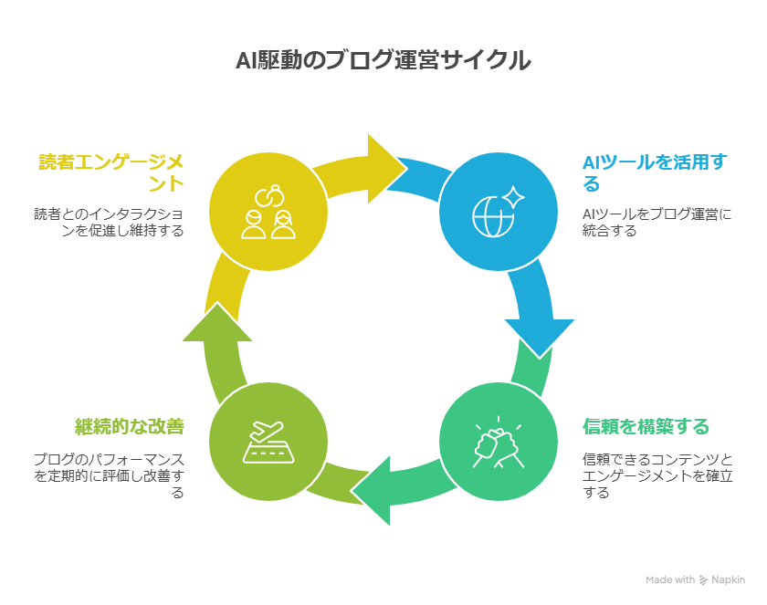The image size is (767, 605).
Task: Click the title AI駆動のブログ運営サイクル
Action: (x=383, y=60)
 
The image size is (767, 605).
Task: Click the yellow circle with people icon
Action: (x=268, y=212)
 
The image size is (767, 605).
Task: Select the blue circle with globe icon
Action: (x=498, y=212)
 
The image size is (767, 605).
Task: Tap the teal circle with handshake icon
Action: (x=498, y=442)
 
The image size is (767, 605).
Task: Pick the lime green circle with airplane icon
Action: (x=268, y=442)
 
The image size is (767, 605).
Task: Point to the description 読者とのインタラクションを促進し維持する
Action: (x=110, y=223)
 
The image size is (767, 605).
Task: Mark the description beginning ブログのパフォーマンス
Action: (x=110, y=475)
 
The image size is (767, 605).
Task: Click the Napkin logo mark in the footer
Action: (x=705, y=579)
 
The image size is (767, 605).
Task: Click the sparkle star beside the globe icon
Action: (x=513, y=197)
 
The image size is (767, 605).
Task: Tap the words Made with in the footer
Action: (x=669, y=579)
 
